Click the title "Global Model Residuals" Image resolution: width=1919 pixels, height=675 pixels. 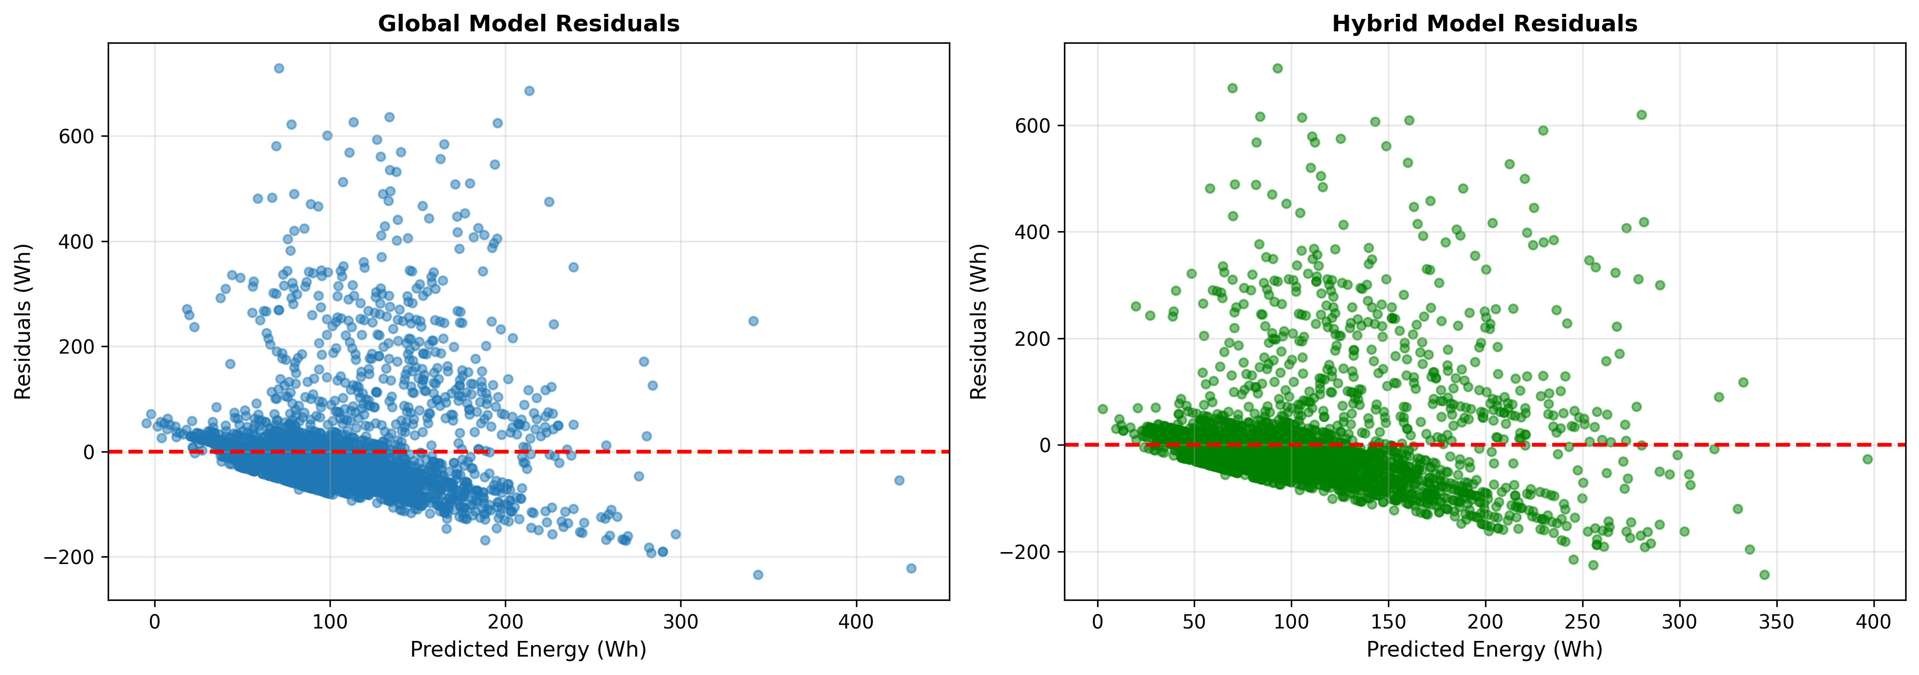(x=528, y=24)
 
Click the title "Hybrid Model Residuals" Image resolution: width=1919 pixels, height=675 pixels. (x=1484, y=24)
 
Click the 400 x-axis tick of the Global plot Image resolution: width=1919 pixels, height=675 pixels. (x=856, y=621)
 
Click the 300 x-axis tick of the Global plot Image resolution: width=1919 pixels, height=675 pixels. (x=681, y=621)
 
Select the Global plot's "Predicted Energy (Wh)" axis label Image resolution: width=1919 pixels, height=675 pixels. (x=528, y=650)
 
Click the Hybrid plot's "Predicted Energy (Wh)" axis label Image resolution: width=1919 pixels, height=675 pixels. (x=1484, y=650)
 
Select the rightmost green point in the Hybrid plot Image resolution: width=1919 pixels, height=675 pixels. (x=1867, y=459)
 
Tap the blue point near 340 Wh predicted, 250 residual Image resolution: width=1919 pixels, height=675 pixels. (x=753, y=321)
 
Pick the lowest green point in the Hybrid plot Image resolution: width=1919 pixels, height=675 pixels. (x=1764, y=575)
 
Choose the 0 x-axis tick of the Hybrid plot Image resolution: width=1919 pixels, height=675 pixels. (x=1097, y=621)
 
